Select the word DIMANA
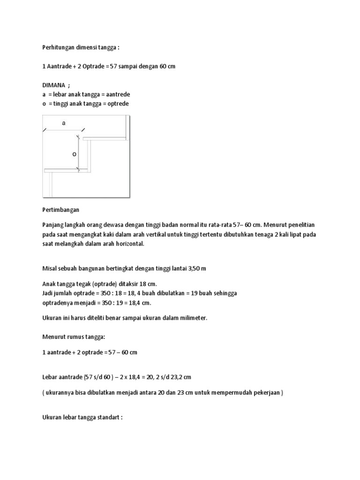(x=53, y=86)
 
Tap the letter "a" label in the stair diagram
(x=64, y=123)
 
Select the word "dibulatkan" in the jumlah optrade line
(x=177, y=292)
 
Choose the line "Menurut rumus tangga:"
(x=75, y=336)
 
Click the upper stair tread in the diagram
(x=105, y=139)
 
